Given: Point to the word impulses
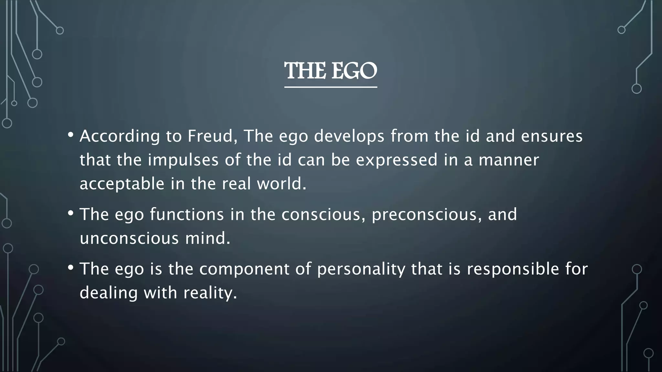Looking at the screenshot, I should [x=183, y=160].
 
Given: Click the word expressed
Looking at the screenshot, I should [x=397, y=160].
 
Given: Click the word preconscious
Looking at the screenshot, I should [x=424, y=215].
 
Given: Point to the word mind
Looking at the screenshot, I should [x=208, y=238].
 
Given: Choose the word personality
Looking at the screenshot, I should [x=361, y=269].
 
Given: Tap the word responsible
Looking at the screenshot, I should [x=513, y=269].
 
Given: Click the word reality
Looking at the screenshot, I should [x=210, y=293].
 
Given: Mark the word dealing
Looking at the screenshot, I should [x=108, y=293].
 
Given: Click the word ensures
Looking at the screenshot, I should [x=552, y=136].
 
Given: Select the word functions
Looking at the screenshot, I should [x=187, y=214].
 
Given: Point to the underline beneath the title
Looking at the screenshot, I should [x=331, y=87].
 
